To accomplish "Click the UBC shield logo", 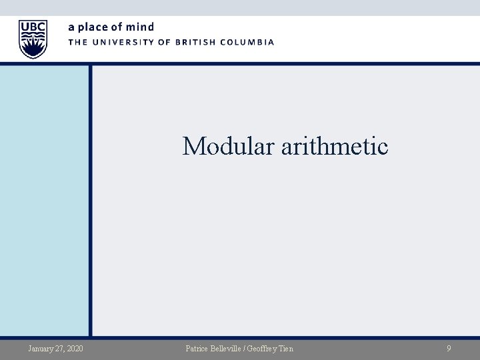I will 33,39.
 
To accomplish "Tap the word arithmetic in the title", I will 335,145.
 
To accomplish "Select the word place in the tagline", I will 93,27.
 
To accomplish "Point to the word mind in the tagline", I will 141,27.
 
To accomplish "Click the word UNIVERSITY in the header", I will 124,42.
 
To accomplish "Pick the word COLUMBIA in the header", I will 249,42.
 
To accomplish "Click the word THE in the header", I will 77,42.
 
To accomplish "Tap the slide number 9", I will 449,348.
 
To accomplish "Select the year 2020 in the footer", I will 75,348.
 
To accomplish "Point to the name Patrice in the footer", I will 198,348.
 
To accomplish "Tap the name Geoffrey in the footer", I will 266,348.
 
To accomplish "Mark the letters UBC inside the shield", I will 33,27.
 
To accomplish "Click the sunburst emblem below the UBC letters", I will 33,46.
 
